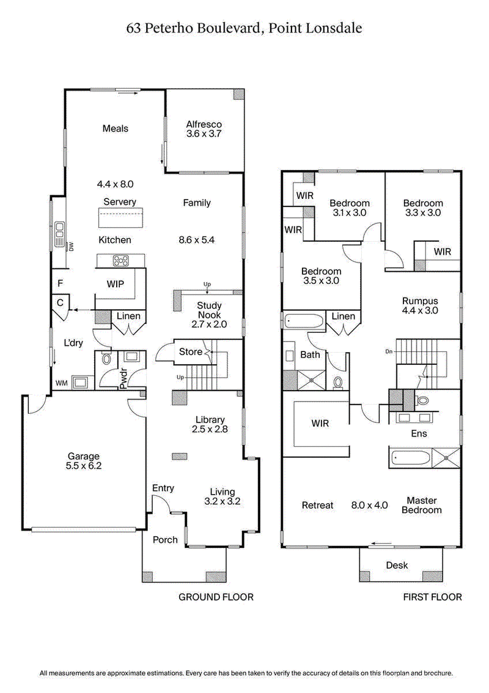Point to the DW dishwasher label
coord(71,246)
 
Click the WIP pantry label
coord(116,285)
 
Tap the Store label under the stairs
coord(190,352)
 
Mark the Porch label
coord(165,539)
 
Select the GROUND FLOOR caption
coord(215,597)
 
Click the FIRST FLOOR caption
coord(432,597)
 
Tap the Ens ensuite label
coord(419,433)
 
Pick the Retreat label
coord(318,505)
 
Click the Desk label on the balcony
coord(397,565)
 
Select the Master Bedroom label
coord(421,505)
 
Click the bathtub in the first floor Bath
coord(306,320)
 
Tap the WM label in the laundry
coord(61,383)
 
